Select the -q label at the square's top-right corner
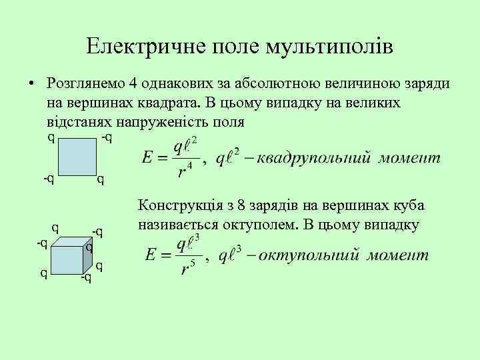(x=106, y=137)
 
